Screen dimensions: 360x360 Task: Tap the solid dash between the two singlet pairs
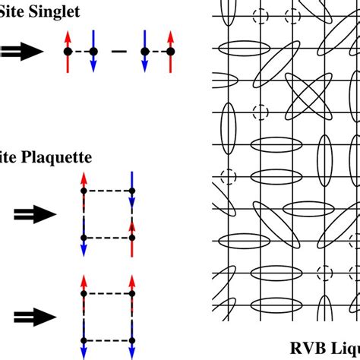[x=118, y=51]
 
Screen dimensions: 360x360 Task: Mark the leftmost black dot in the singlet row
[x=67, y=51]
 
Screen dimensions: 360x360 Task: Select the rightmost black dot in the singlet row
[x=170, y=51]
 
